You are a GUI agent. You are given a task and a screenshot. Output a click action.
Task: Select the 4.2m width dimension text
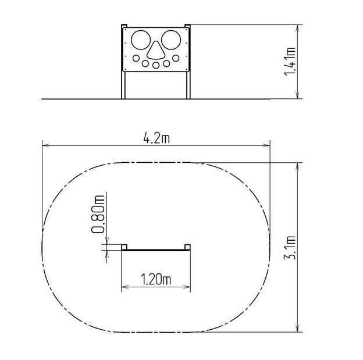(156, 138)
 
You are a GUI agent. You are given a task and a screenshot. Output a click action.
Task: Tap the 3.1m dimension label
(290, 248)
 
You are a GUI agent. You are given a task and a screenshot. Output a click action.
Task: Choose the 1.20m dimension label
(156, 279)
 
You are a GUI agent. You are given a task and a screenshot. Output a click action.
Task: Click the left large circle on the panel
(141, 40)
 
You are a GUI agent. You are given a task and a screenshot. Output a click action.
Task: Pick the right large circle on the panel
(171, 40)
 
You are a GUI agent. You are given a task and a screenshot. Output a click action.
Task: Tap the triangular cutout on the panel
(156, 50)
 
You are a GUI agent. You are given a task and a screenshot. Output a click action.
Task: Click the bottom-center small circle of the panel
(156, 65)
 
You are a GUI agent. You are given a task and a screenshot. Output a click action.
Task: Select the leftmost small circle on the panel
(136, 58)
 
